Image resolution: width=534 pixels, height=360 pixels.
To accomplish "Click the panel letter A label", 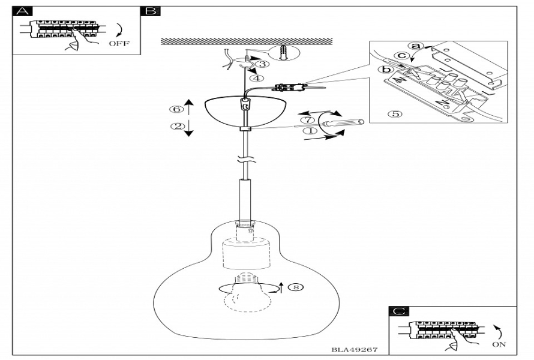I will point(22,11).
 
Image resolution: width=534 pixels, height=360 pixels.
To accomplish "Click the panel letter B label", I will point(151,11).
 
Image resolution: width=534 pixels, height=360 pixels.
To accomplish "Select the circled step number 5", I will point(394,113).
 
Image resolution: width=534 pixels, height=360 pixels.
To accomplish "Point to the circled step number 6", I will point(175,109).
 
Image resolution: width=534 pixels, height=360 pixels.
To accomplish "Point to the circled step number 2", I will point(175,126).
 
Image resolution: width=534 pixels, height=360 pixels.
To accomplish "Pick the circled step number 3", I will point(262,63).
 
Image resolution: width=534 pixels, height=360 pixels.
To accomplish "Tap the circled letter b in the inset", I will point(388,70).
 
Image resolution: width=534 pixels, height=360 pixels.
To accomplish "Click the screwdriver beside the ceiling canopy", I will point(340,124).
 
